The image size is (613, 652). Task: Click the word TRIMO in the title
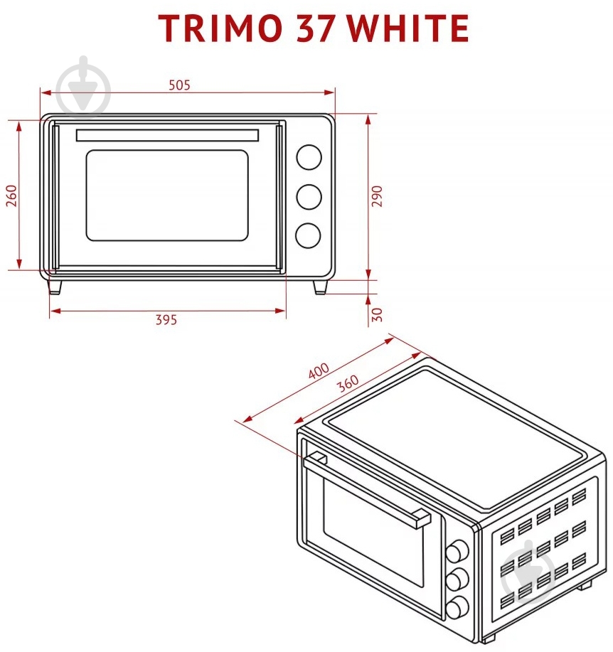tap(220, 28)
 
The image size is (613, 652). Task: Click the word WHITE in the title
tap(408, 28)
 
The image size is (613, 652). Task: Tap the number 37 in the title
tap(315, 28)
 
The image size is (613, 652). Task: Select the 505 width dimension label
tap(179, 85)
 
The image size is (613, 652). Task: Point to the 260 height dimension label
tap(11, 196)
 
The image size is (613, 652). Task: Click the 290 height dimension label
tap(376, 196)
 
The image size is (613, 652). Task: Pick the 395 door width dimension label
tap(166, 319)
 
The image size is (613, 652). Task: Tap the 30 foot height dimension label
tap(376, 314)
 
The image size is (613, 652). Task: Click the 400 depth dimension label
tap(319, 370)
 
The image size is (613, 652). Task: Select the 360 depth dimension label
tap(348, 383)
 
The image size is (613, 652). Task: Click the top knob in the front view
tap(309, 157)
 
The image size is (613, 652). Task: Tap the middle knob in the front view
tap(309, 196)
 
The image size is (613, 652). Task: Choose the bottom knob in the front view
tap(308, 236)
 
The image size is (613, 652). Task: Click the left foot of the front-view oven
tap(55, 287)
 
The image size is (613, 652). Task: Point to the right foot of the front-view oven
tap(320, 287)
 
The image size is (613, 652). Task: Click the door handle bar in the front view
tap(167, 136)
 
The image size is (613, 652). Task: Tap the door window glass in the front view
tap(167, 196)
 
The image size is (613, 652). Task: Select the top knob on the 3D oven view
tap(457, 551)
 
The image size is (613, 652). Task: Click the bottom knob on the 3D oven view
tap(457, 607)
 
